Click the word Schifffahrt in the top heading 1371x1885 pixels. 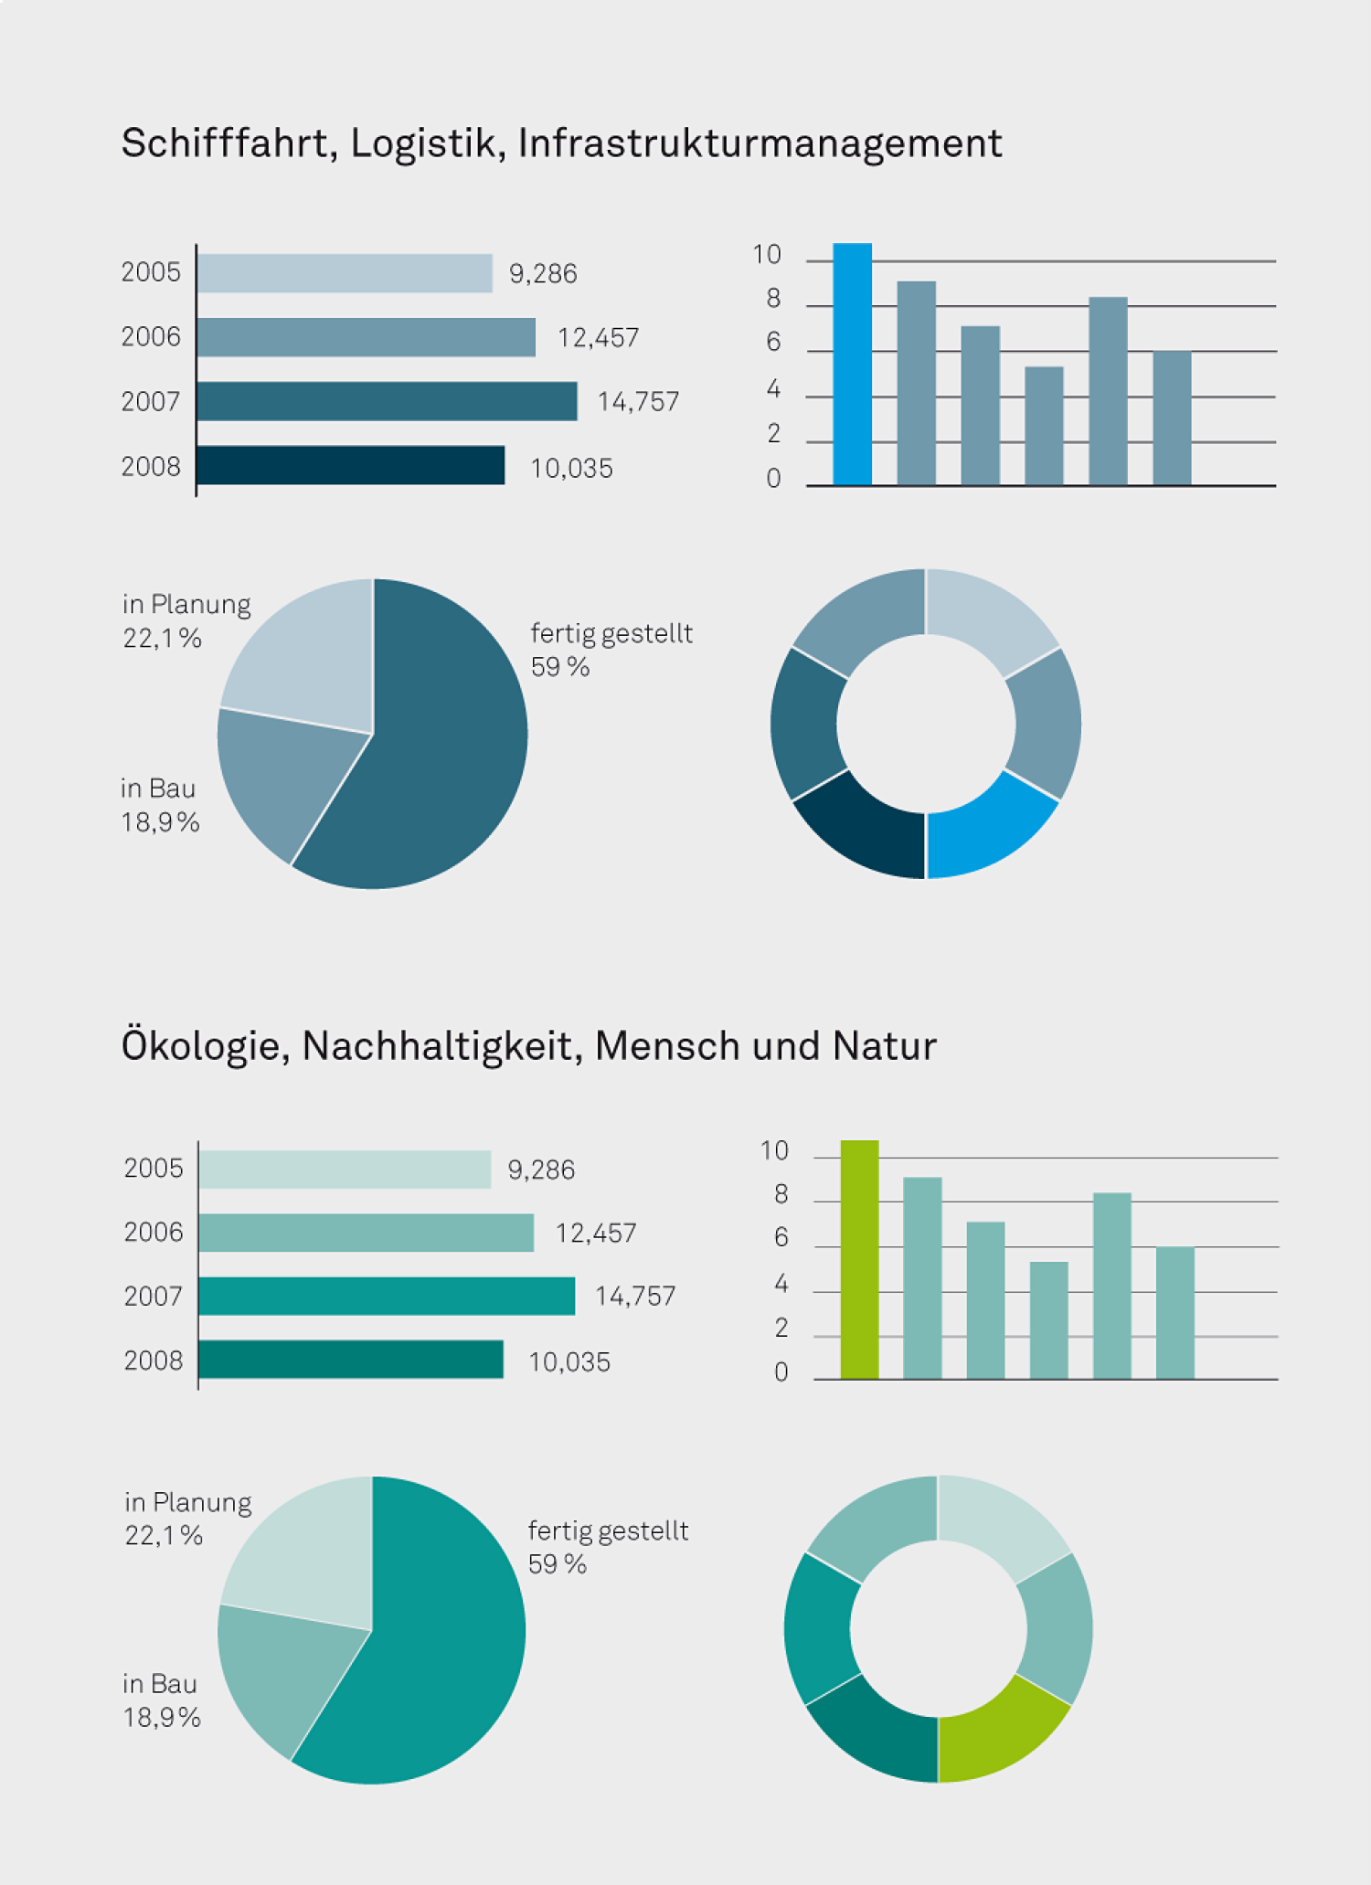pos(225,144)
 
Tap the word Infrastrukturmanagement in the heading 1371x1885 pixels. pos(760,144)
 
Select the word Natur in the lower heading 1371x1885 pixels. pos(884,1047)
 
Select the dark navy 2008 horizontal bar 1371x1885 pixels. pos(350,465)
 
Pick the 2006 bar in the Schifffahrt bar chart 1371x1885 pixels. pos(366,337)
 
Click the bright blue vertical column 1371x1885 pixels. pos(852,365)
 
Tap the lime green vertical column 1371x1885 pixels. pos(859,1260)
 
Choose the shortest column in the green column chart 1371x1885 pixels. pos(1048,1320)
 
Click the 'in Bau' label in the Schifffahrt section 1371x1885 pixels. pos(158,789)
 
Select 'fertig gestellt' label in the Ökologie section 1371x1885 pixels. pos(608,1530)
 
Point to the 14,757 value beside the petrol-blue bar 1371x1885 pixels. pos(638,402)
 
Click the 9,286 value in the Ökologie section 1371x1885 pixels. pos(541,1170)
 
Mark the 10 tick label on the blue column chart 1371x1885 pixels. pos(767,255)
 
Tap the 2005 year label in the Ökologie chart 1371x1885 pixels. pos(154,1169)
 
